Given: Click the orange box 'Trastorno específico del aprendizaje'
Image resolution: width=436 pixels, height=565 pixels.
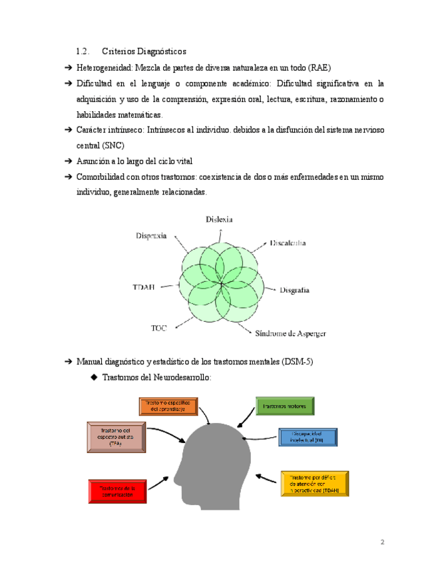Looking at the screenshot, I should click(x=168, y=406).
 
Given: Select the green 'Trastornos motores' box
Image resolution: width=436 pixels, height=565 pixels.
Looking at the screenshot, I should click(x=285, y=406).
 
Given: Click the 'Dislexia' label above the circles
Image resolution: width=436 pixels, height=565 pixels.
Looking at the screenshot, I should click(x=219, y=219).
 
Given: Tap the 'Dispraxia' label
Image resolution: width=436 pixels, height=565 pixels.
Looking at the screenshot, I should click(x=151, y=235).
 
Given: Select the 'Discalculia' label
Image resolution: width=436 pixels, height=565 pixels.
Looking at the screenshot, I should click(x=288, y=243).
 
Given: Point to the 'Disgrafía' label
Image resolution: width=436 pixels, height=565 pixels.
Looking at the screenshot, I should click(x=294, y=290).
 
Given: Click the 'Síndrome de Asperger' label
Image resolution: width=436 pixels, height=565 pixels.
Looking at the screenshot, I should click(x=291, y=333).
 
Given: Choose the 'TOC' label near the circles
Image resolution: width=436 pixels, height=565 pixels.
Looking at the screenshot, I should click(x=159, y=328).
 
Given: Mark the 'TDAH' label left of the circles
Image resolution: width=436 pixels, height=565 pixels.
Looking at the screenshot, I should click(x=144, y=287).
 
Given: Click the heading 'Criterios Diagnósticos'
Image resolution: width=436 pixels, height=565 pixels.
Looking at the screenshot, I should click(x=144, y=51).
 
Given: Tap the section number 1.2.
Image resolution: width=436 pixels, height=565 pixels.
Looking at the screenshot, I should click(x=83, y=51).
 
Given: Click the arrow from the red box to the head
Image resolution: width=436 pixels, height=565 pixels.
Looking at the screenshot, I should click(x=158, y=482).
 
